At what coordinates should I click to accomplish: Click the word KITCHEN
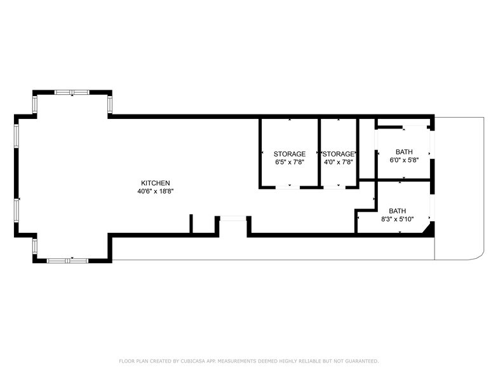155,183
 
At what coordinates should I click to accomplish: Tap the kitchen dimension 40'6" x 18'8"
155,191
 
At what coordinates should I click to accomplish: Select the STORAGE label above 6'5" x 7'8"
290,154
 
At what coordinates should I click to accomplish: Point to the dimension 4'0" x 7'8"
339,162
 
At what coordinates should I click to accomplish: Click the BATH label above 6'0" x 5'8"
404,152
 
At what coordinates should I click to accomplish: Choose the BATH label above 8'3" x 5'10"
398,211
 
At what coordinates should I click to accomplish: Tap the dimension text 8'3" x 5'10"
398,219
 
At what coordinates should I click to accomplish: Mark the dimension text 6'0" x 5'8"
404,160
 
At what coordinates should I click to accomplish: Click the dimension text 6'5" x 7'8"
290,162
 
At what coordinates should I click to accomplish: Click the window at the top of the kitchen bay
71,92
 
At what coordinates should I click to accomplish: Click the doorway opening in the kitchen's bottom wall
232,219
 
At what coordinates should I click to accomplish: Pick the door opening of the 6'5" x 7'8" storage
289,187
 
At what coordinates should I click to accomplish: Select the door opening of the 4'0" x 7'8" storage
339,187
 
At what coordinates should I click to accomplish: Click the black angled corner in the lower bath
429,228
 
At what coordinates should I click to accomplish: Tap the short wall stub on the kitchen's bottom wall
191,225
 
